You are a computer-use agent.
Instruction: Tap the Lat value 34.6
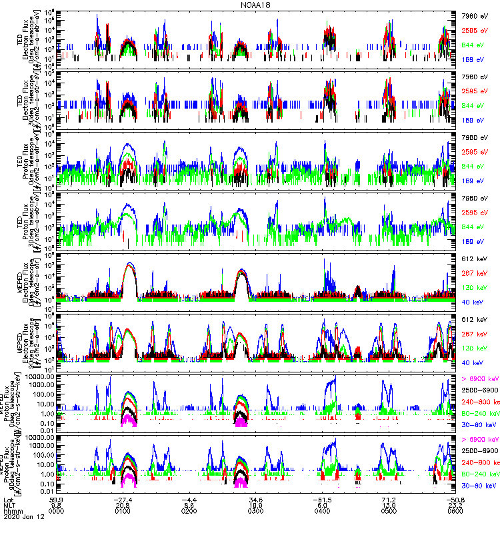click(x=256, y=499)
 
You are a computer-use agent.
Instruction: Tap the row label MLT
click(x=9, y=506)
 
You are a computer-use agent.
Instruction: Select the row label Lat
click(x=8, y=499)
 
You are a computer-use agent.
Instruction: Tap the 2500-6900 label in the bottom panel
click(x=479, y=451)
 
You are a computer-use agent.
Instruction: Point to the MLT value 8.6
click(x=190, y=506)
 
